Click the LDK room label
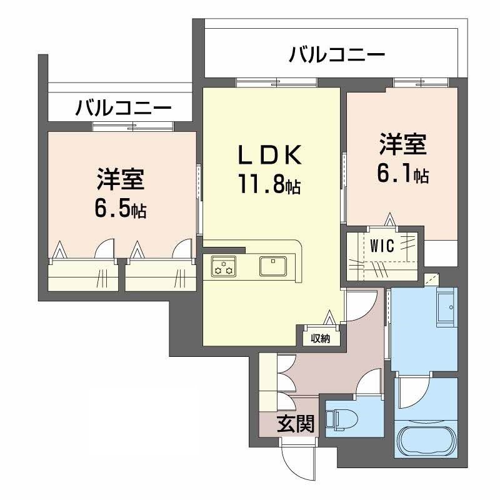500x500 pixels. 270,155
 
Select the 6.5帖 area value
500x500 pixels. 121,209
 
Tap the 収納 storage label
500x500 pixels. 321,339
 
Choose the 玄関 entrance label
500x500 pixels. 296,424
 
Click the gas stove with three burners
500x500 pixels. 224,266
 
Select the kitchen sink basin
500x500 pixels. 273,266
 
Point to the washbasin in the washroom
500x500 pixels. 447,307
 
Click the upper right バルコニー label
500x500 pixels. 337,54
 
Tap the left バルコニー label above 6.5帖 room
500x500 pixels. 123,107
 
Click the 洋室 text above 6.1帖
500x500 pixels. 402,144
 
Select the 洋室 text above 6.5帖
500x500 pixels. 121,179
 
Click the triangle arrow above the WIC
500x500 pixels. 389,220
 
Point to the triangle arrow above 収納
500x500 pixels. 329,317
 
